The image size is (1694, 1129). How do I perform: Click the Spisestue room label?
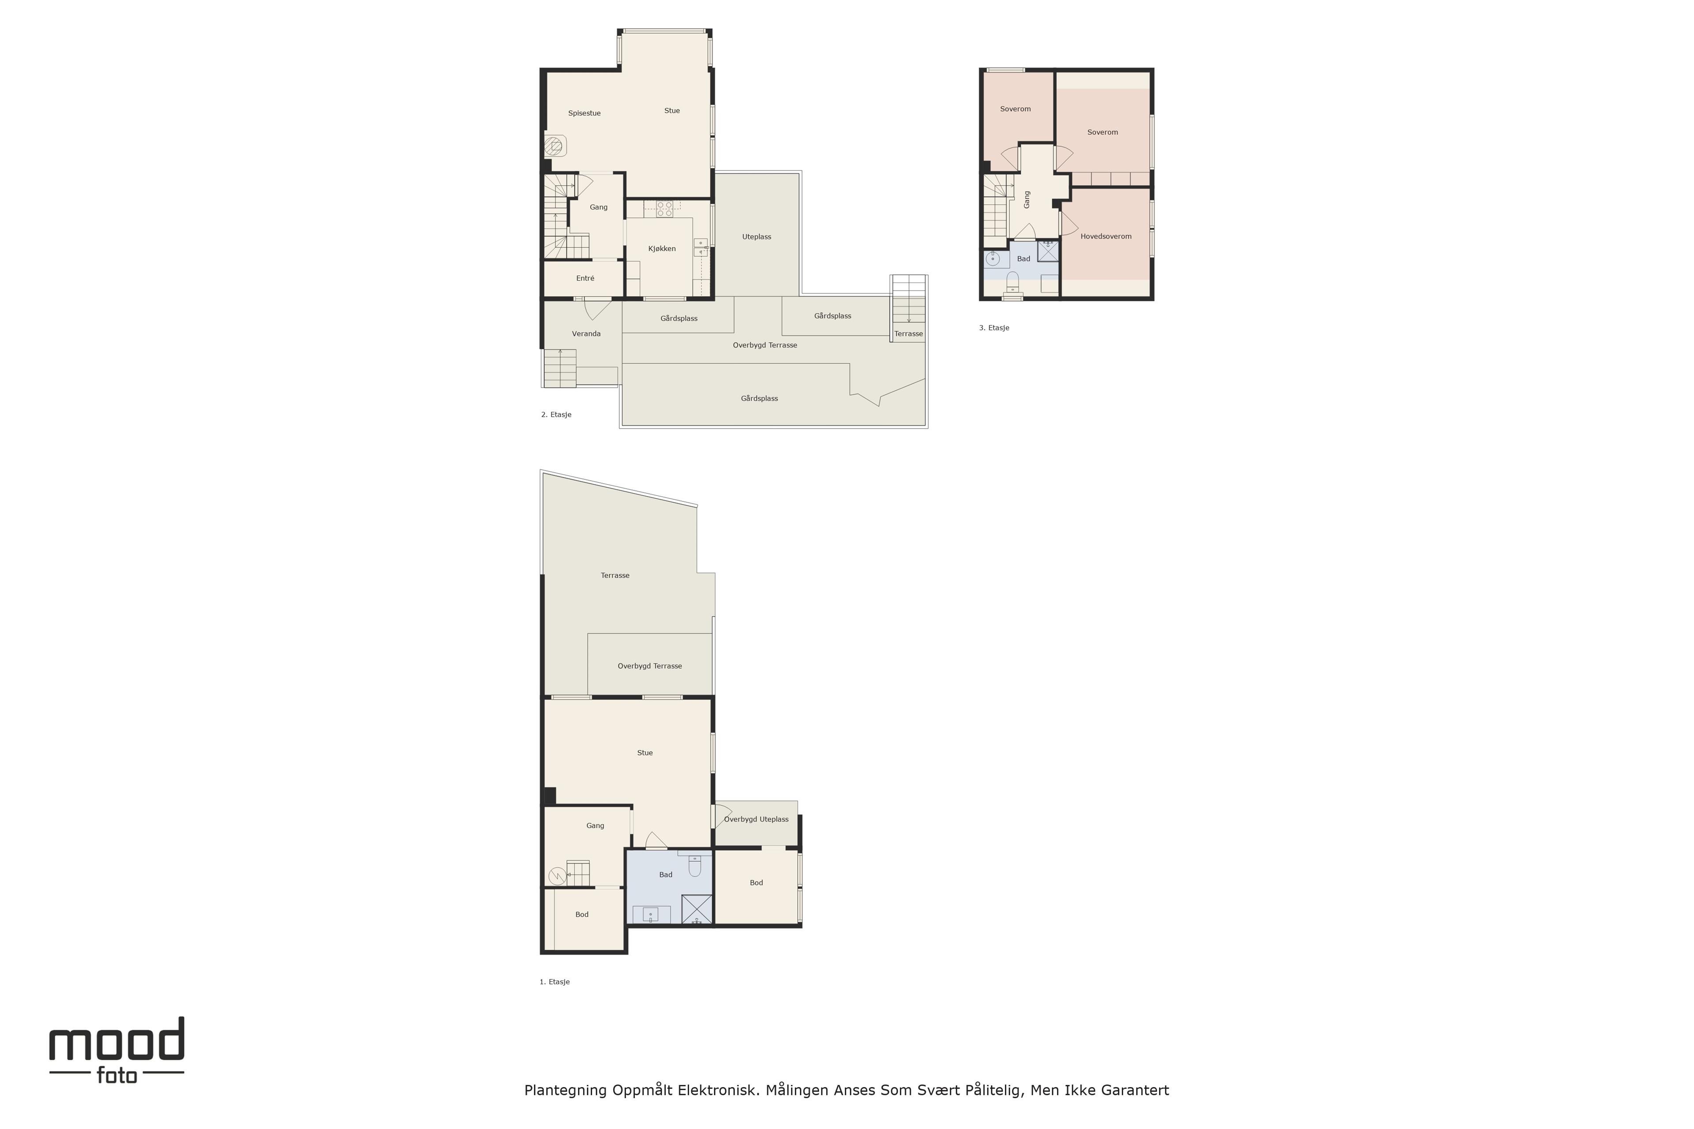pos(584,113)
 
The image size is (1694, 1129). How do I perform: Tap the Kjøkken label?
pos(662,248)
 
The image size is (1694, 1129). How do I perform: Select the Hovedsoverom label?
pos(1106,236)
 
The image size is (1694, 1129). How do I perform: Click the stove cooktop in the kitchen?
pos(664,209)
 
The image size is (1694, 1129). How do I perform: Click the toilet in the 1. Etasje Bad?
pos(694,865)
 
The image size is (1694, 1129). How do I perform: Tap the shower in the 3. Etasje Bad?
pos(1048,250)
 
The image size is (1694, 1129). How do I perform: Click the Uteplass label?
pos(756,237)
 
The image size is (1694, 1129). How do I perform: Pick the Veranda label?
pos(586,333)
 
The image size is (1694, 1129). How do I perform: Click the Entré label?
pos(585,278)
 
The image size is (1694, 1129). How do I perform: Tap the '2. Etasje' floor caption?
pos(556,415)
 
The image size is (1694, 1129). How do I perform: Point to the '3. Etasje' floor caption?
pos(994,328)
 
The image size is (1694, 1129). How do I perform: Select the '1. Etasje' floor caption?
pos(555,981)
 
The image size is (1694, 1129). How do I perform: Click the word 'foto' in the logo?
pos(116,1076)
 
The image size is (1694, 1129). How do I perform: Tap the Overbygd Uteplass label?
pos(756,819)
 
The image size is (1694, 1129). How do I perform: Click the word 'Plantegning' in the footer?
pos(566,1091)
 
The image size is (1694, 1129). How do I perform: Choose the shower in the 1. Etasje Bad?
pos(697,908)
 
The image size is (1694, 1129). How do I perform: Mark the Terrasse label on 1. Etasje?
pos(615,575)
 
